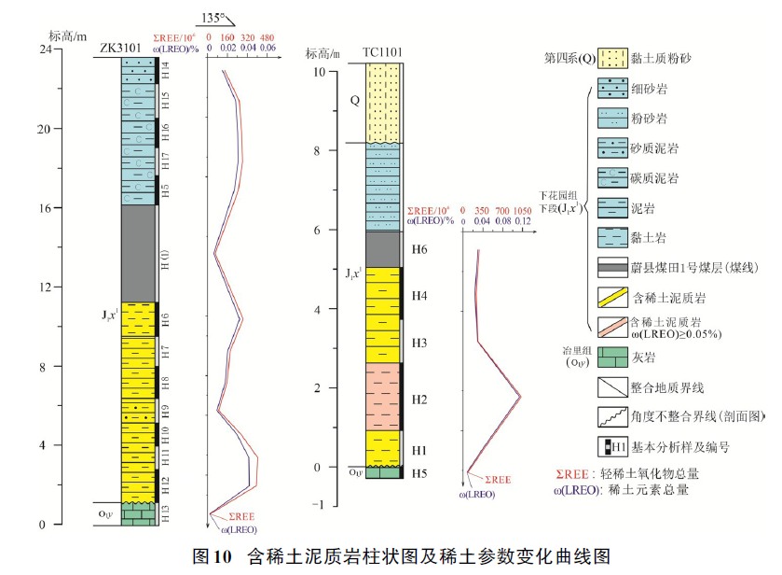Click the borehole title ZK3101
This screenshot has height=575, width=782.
122,49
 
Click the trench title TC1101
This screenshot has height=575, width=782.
381,55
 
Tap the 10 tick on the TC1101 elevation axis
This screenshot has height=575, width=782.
320,72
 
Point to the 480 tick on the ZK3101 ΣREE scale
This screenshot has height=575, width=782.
268,38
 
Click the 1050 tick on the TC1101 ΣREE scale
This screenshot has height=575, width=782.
523,211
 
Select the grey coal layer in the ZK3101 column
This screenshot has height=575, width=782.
138,253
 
